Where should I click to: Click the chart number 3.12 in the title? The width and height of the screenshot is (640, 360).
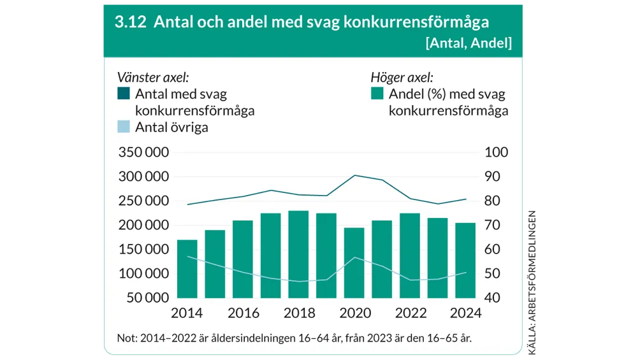(x=130, y=22)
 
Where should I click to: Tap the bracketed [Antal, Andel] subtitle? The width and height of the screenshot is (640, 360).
(x=468, y=43)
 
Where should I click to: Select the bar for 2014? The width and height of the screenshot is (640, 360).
(x=187, y=268)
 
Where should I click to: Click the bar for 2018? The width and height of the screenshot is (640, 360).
(x=298, y=254)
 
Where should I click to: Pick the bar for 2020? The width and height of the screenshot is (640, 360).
(x=354, y=263)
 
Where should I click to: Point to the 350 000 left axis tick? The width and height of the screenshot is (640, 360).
(x=143, y=153)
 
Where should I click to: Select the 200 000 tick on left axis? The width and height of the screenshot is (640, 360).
(x=143, y=226)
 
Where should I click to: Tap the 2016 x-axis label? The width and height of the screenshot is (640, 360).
(x=243, y=313)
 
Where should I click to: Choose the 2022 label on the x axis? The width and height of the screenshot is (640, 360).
(x=411, y=313)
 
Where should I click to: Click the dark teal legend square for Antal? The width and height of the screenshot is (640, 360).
(x=124, y=94)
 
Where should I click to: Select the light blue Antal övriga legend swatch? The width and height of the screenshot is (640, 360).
(x=124, y=127)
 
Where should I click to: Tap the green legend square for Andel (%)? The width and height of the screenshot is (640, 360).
(x=377, y=94)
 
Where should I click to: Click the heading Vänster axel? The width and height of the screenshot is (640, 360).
(x=152, y=78)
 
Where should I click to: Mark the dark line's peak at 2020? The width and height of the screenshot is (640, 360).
(x=355, y=175)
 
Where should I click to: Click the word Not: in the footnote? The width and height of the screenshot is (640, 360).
(x=127, y=338)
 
